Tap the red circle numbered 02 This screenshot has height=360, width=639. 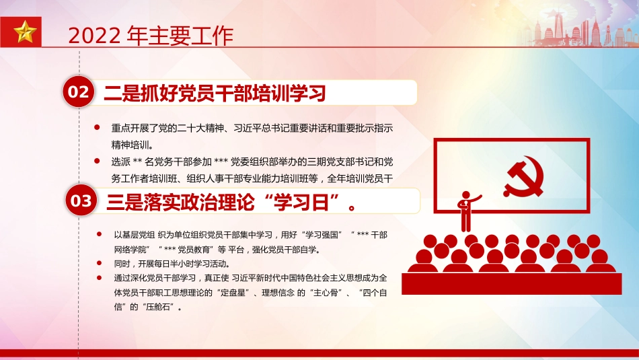(x=79, y=92)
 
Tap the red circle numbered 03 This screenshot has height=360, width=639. (x=81, y=200)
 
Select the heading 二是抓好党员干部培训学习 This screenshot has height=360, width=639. (x=215, y=94)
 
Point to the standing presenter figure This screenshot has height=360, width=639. (x=466, y=208)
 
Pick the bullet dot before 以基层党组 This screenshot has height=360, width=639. (x=99, y=235)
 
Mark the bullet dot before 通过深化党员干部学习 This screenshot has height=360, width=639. (x=99, y=277)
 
